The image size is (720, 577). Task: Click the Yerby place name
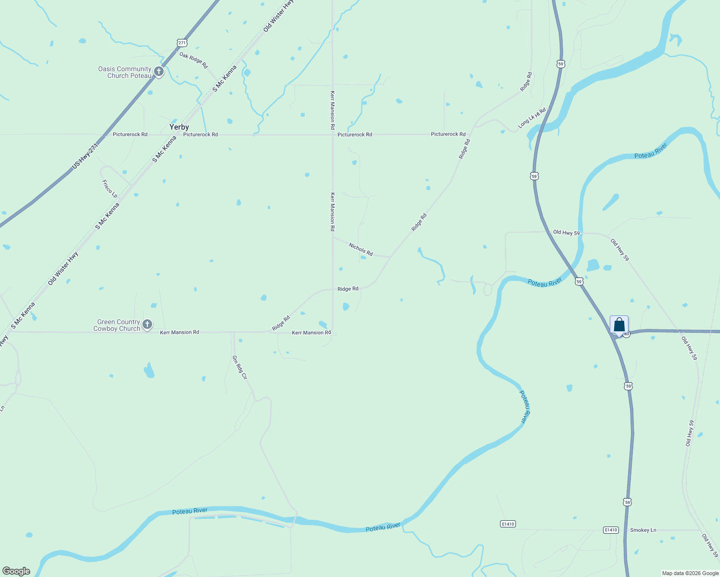click(x=179, y=127)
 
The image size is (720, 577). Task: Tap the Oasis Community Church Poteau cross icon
click(x=159, y=72)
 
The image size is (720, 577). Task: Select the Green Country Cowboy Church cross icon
click(x=148, y=325)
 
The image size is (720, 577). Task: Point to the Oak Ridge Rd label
click(x=193, y=60)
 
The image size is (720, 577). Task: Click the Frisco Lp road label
click(x=110, y=188)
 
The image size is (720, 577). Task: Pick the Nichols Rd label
click(x=361, y=249)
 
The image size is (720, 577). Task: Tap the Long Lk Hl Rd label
click(x=532, y=118)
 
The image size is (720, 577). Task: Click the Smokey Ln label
click(x=643, y=530)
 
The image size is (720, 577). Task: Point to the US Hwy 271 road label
click(x=85, y=156)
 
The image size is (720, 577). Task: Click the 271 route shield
click(x=181, y=43)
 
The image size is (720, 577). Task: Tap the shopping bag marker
click(x=619, y=325)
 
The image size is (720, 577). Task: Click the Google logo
click(x=16, y=571)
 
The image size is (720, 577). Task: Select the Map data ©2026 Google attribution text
click(x=690, y=573)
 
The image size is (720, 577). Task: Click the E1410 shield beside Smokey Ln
click(x=610, y=530)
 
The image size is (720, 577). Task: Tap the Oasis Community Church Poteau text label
click(x=125, y=72)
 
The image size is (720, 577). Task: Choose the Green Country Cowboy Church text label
click(x=118, y=325)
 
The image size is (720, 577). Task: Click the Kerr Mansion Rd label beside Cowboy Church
click(x=180, y=332)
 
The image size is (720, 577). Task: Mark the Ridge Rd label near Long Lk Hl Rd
click(x=526, y=82)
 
